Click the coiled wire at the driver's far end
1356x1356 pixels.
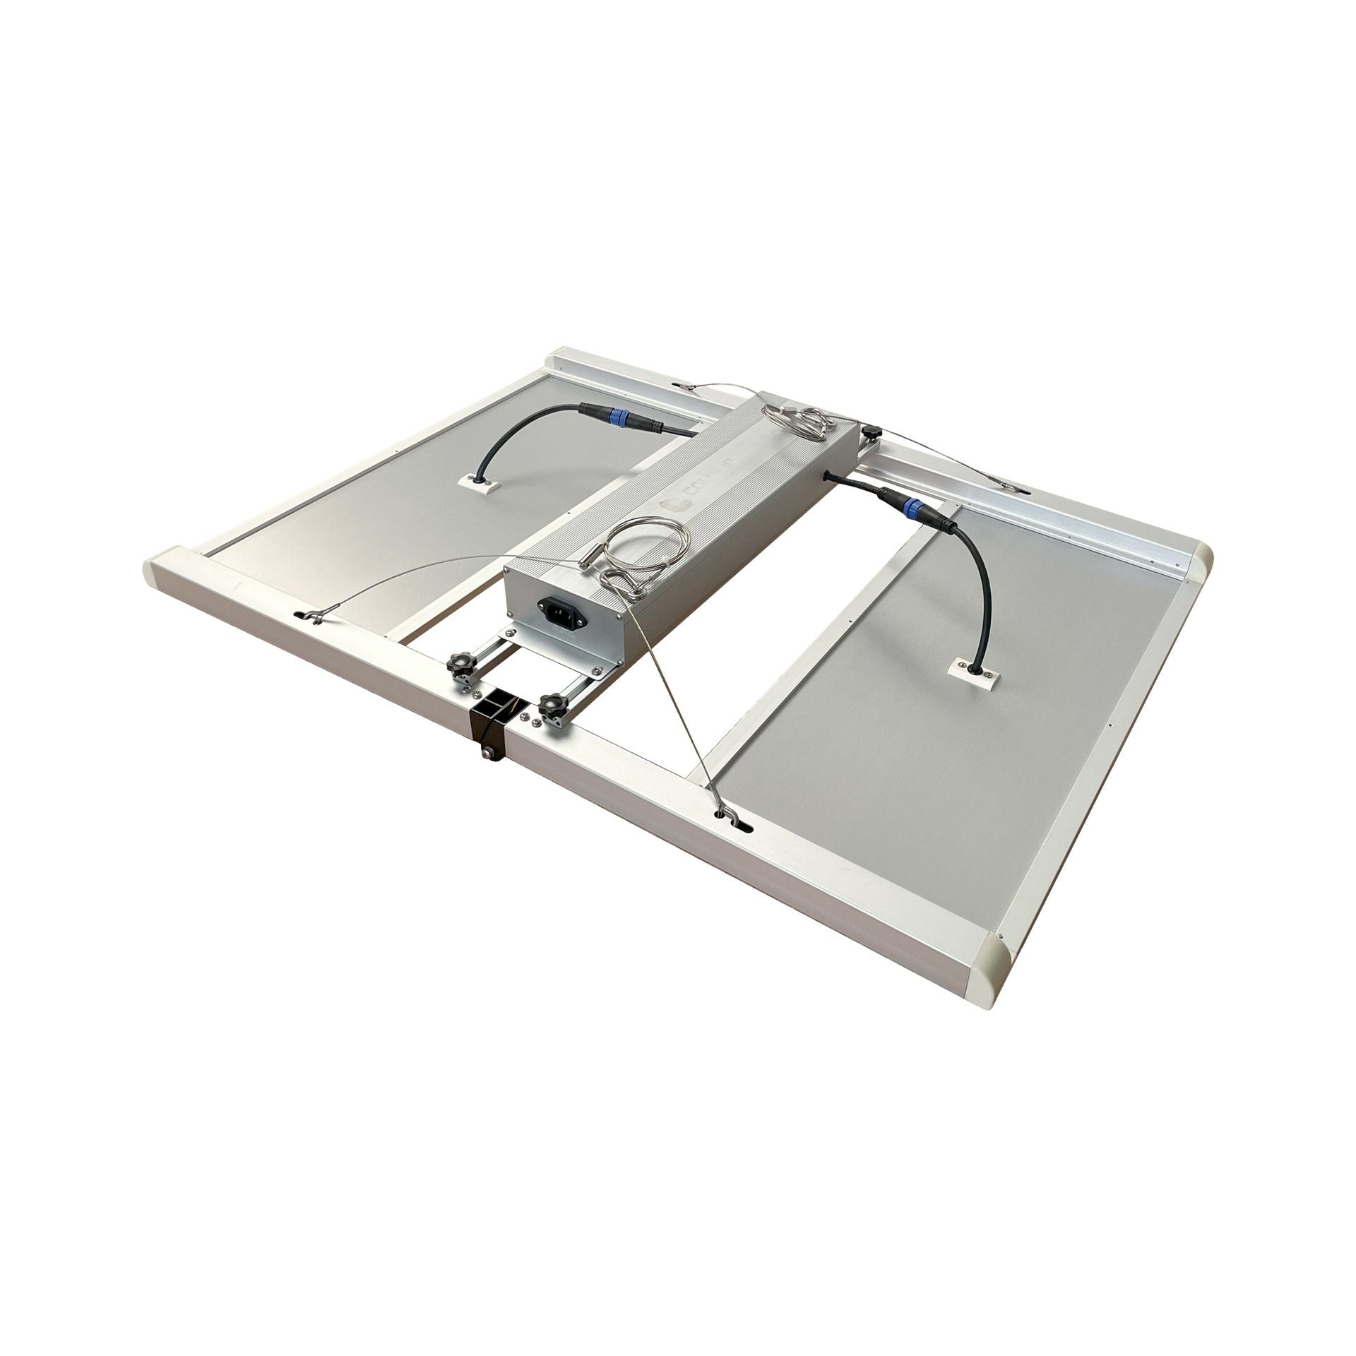pyautogui.click(x=798, y=420)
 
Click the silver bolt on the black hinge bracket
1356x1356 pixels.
pyautogui.click(x=487, y=754)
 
